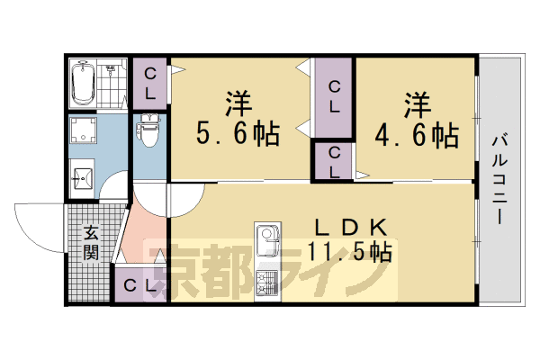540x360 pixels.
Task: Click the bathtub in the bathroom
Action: pyautogui.click(x=84, y=83)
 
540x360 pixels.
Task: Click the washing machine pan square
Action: pyautogui.click(x=85, y=131)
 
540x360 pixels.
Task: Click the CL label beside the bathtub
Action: pyautogui.click(x=149, y=82)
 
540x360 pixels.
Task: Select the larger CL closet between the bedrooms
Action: pyautogui.click(x=333, y=96)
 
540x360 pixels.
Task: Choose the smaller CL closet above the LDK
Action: pyautogui.click(x=333, y=162)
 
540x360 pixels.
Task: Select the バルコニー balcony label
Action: pyautogui.click(x=498, y=180)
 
